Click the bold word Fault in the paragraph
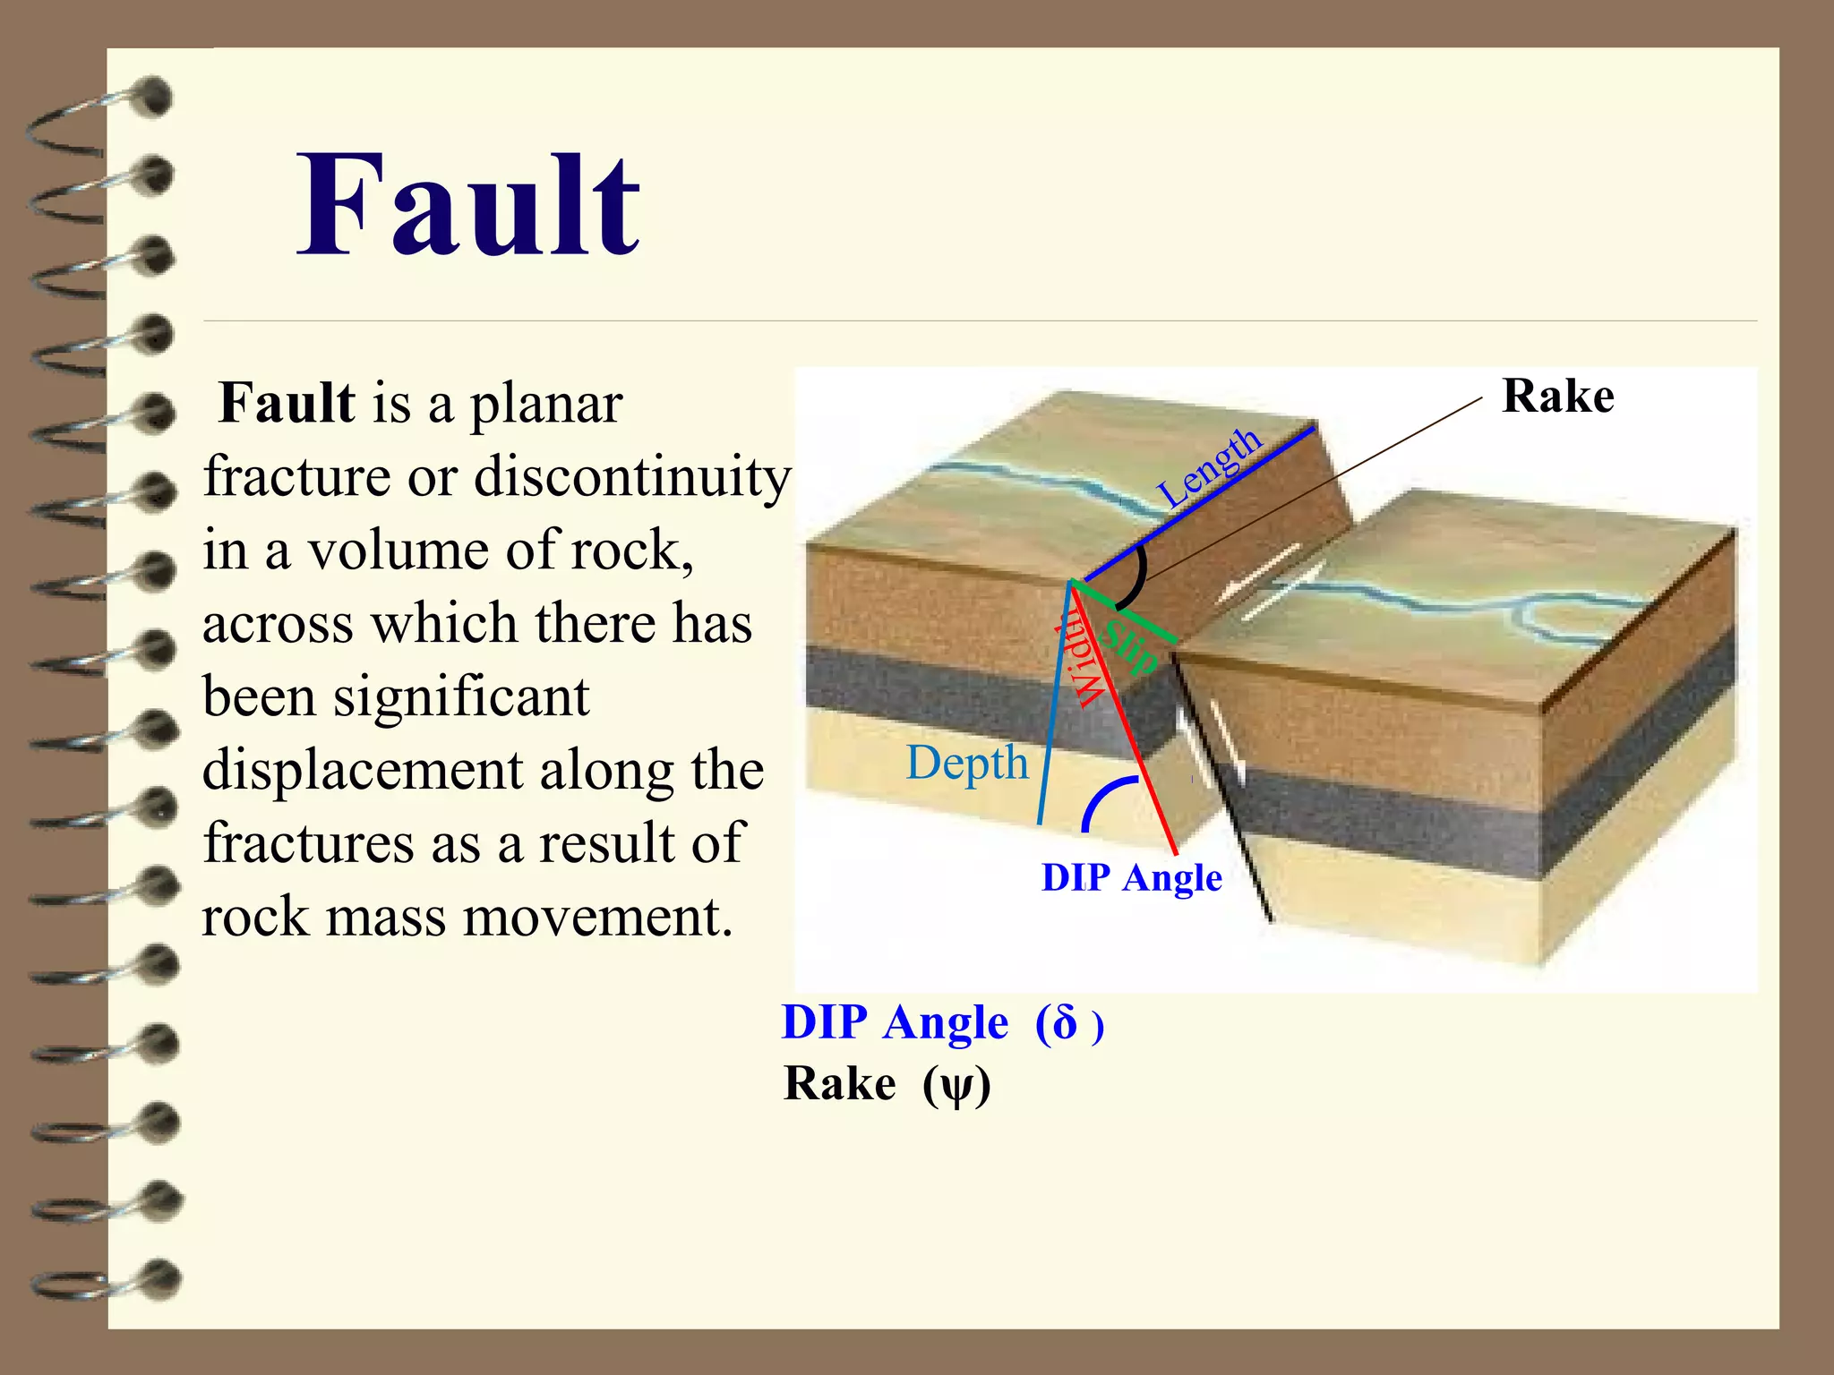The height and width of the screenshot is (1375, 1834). [x=287, y=403]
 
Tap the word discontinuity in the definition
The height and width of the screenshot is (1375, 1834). [x=632, y=476]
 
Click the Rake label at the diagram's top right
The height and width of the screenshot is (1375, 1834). [x=1557, y=396]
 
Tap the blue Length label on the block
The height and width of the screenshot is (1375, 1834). [x=1209, y=466]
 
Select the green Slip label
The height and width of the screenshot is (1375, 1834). [x=1130, y=647]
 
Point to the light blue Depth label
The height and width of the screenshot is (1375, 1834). [x=966, y=763]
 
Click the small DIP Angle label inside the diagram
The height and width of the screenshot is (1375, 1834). [x=1131, y=877]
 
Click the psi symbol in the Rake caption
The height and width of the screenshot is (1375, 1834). [x=957, y=1086]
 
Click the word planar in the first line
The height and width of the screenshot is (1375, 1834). [x=546, y=405]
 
